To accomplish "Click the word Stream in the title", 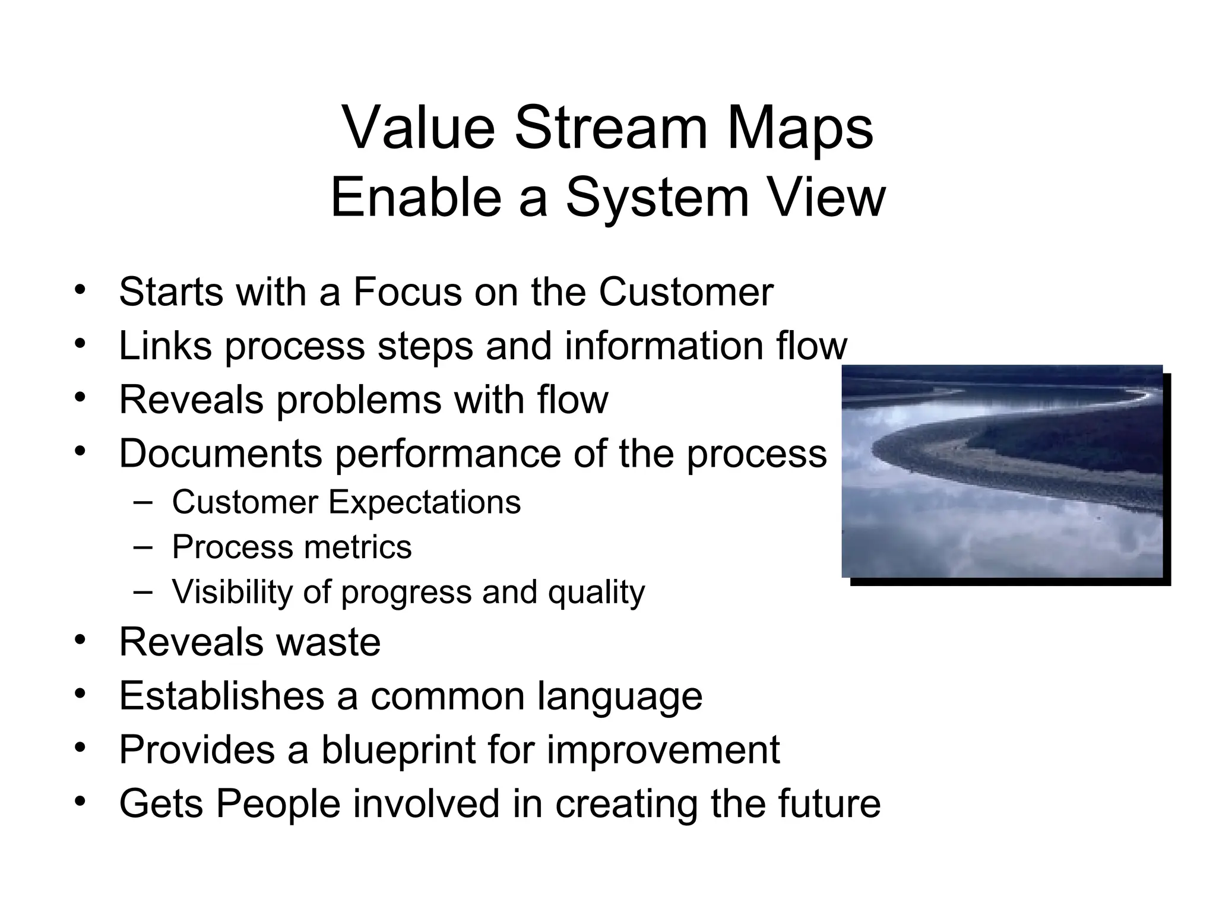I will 612,128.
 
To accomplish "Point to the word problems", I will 359,400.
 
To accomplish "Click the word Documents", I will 220,454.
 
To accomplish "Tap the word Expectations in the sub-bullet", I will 425,502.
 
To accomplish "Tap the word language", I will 620,697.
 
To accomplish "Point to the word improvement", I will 663,750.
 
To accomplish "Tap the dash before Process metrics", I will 142,546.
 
